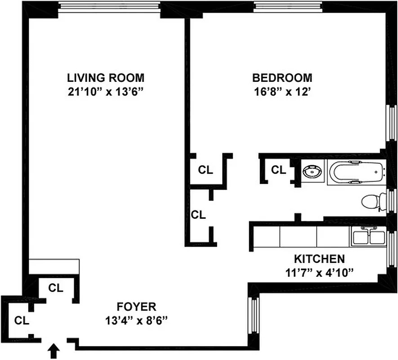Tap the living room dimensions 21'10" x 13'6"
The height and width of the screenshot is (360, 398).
(106, 92)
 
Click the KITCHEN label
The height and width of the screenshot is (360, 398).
(319, 259)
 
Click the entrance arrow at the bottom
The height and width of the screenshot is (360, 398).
(54, 351)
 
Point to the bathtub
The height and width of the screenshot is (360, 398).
(357, 172)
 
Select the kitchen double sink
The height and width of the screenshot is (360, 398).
(367, 236)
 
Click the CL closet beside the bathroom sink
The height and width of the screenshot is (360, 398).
(278, 170)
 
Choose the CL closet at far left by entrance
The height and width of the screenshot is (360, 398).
(21, 321)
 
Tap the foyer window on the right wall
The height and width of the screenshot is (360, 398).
(254, 319)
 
